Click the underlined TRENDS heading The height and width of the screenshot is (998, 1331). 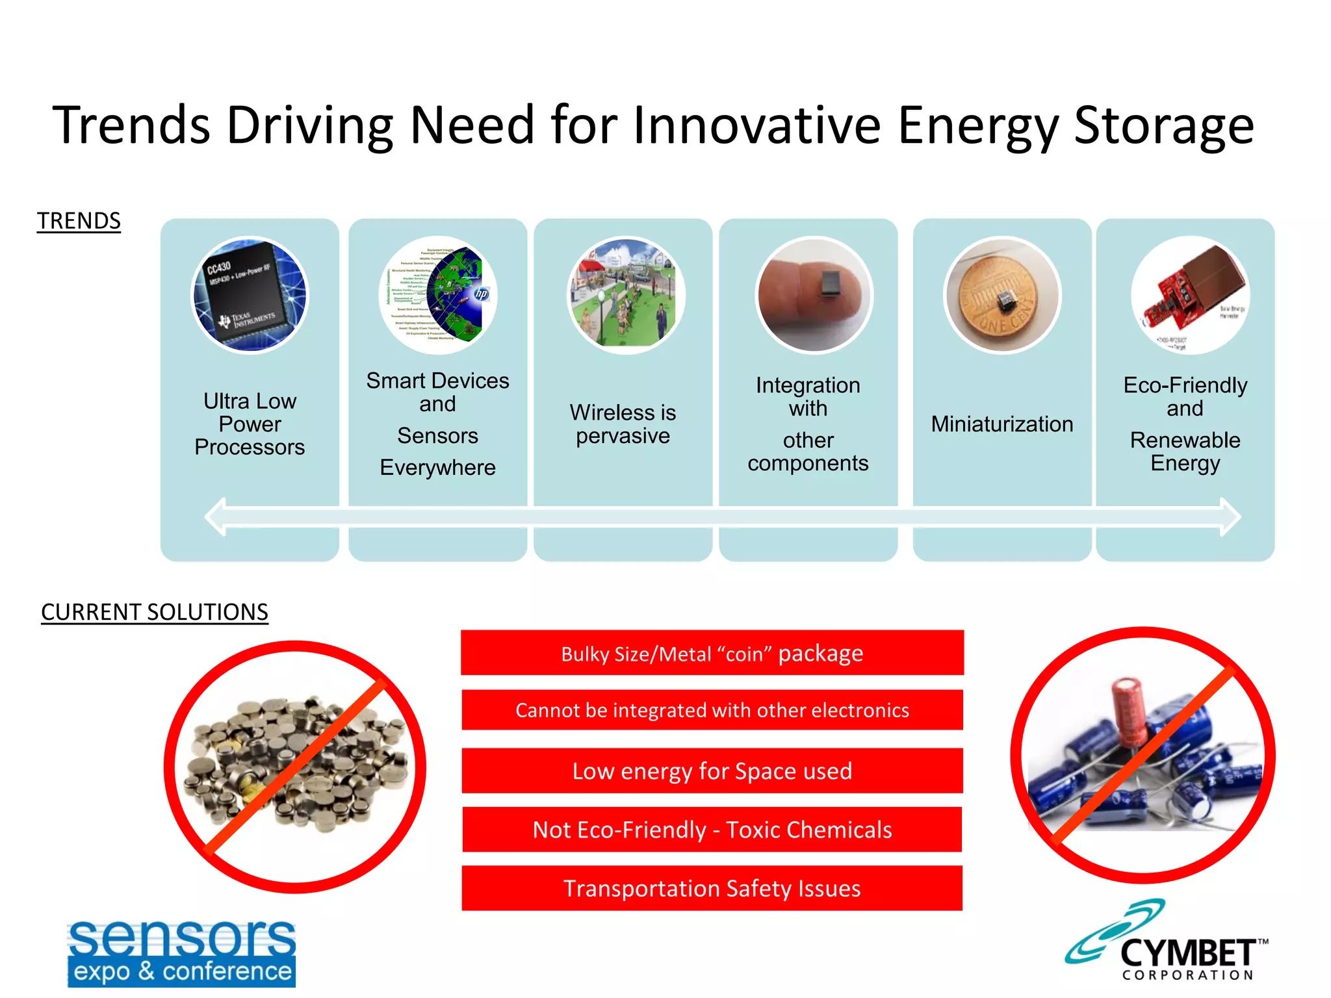coord(79,221)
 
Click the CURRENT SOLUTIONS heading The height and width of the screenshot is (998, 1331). coord(154,612)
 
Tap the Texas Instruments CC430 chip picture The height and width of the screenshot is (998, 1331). coord(250,295)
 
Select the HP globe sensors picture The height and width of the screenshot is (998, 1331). coord(438,296)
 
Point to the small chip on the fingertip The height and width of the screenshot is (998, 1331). coord(831,285)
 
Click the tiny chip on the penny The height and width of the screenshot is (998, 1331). coord(1005,300)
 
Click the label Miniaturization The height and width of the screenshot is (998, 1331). coord(1001,424)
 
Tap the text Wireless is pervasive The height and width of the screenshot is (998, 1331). coord(623,424)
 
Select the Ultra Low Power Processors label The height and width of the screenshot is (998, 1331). coord(250,424)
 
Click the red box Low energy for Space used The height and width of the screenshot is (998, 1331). coord(712,771)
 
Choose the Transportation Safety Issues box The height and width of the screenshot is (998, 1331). coord(712,888)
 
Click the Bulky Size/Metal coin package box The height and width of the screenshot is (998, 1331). coord(712,653)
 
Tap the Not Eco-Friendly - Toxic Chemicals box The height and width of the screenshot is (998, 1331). coord(712,830)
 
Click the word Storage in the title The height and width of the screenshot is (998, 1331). coord(1163,125)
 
